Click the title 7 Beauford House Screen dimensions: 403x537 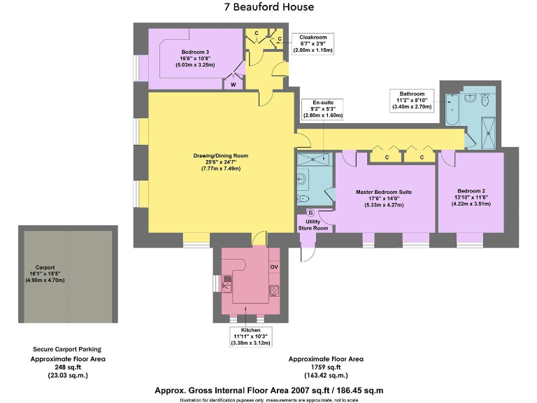pos(268,8)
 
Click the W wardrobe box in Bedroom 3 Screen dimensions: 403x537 pos(233,83)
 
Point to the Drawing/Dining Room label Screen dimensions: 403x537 pos(220,162)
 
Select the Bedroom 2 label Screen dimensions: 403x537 pos(471,197)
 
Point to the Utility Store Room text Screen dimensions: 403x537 pos(313,225)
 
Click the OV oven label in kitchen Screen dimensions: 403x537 pos(274,267)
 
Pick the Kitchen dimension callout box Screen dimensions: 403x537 pos(250,336)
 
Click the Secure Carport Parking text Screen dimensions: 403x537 pos(67,348)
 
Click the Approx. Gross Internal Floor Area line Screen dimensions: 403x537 pos(268,390)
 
